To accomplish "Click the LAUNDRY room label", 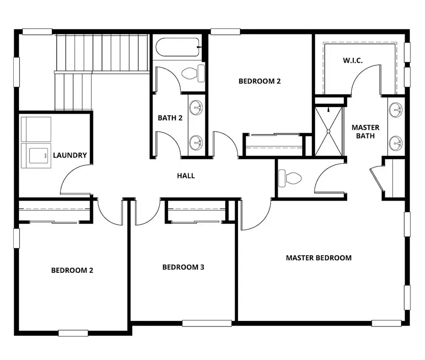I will coord(69,155).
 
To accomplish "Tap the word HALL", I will coord(186,176).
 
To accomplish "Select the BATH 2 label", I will coord(170,118).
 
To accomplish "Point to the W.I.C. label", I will coord(352,61).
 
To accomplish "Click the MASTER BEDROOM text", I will coord(319,258).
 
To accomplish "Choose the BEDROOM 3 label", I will coord(183,268).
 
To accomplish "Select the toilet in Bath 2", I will coord(193,73).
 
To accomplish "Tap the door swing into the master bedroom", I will coord(255,215).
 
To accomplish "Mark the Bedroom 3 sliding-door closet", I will coord(196,213).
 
